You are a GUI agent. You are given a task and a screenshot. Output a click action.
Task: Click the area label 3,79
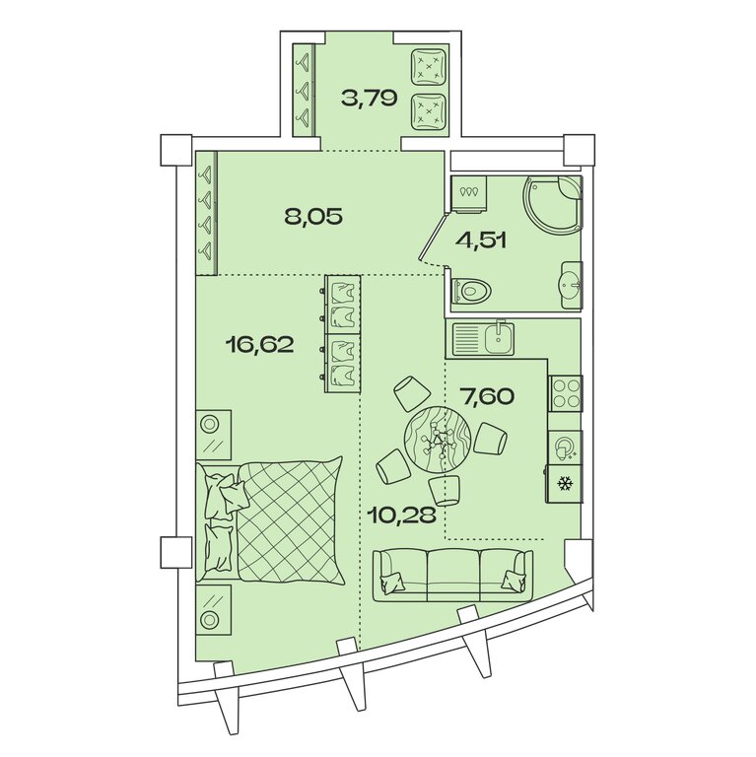369,99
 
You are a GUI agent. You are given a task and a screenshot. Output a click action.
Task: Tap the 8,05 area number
313,217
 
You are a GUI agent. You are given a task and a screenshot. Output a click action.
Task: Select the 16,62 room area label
259,345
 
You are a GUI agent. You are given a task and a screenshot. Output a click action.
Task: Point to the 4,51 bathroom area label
481,240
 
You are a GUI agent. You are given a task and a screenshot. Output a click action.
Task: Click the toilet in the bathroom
472,291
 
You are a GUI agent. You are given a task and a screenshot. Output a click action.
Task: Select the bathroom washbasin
573,285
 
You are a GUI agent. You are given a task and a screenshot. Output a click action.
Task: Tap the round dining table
438,440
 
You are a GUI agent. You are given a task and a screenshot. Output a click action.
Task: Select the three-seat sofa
453,575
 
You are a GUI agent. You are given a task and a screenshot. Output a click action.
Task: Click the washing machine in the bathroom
469,194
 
